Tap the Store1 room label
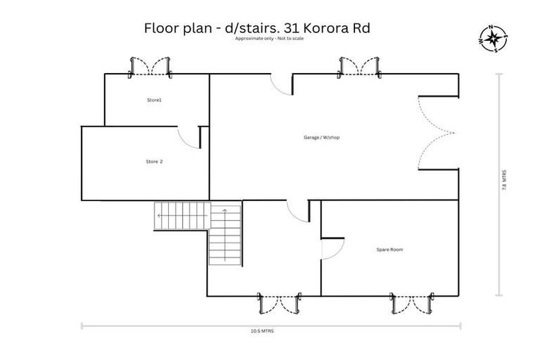(154, 101)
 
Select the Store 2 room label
(154, 162)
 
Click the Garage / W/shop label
(321, 137)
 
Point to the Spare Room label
(390, 250)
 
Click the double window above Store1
(150, 67)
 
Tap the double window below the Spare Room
(410, 303)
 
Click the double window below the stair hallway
(279, 303)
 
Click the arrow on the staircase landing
(162, 214)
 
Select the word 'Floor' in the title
(161, 29)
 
